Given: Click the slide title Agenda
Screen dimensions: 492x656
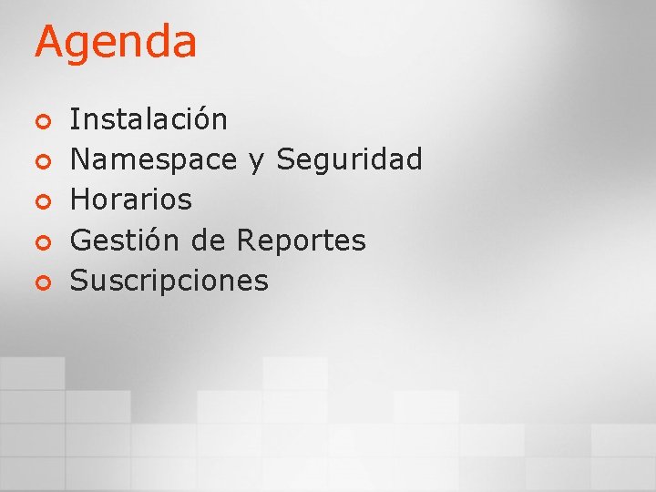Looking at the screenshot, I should click(x=116, y=43).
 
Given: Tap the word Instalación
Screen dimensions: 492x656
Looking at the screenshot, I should click(x=149, y=118).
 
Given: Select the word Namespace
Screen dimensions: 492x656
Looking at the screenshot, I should click(x=153, y=160).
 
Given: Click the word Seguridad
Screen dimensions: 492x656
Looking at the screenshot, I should click(x=349, y=159).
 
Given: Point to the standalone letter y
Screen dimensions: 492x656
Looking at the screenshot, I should click(x=255, y=162).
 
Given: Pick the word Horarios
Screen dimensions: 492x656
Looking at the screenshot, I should click(x=131, y=200).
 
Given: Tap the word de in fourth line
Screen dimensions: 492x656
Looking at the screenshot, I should click(x=209, y=241).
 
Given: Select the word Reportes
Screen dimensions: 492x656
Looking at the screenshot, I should click(x=301, y=241).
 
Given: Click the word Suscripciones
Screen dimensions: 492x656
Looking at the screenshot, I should click(x=169, y=281).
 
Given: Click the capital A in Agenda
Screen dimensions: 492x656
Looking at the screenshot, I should click(x=49, y=42).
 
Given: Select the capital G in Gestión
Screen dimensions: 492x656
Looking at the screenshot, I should click(x=80, y=241).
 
